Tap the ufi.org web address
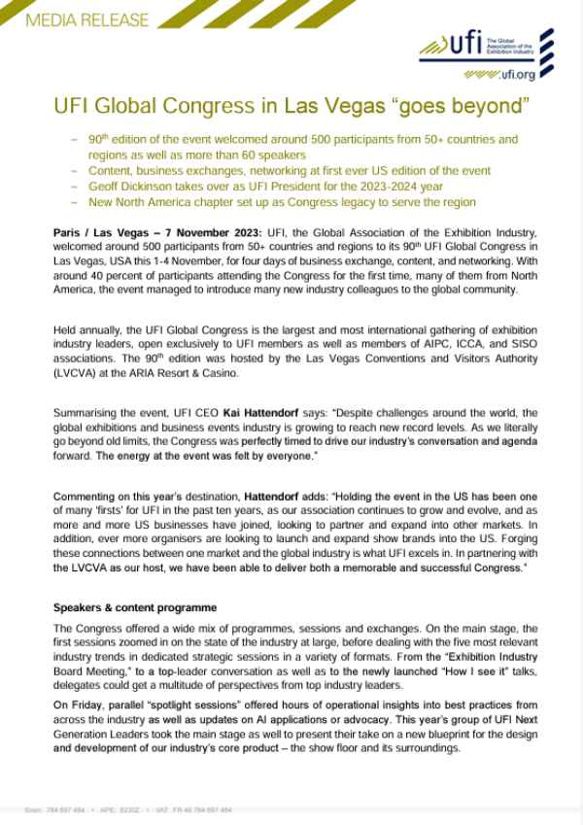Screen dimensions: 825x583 pyautogui.click(x=514, y=74)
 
